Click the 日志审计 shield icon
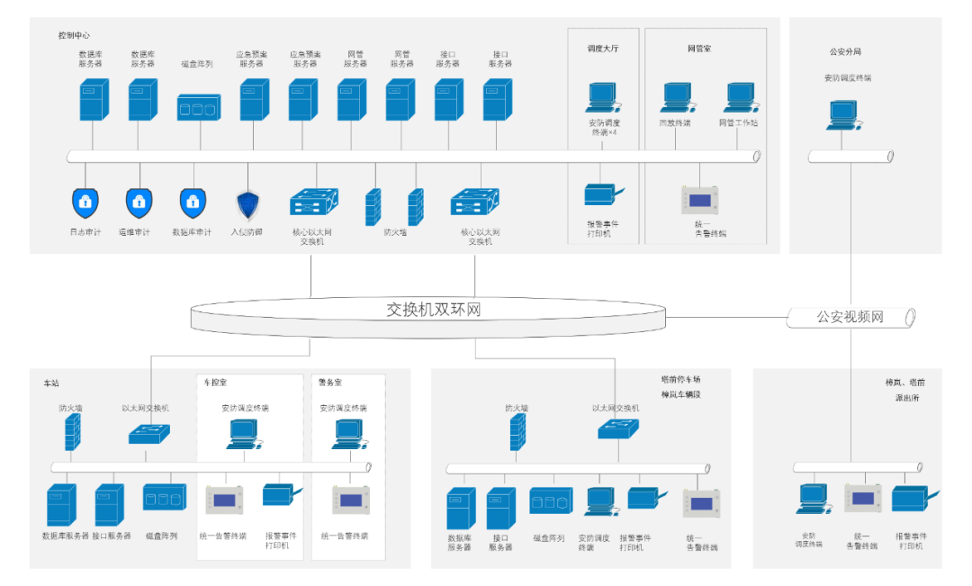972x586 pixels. [85, 203]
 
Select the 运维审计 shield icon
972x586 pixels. [139, 203]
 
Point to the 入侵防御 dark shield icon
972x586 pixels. [247, 205]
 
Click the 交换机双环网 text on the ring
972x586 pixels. [434, 310]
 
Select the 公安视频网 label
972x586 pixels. [850, 317]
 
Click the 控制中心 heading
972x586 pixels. [74, 36]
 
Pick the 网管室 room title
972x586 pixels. [699, 49]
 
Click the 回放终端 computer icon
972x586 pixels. [676, 97]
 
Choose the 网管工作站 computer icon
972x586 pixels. [739, 97]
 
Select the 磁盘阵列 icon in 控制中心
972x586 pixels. [198, 107]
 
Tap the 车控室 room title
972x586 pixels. [216, 383]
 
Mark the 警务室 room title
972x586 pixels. [330, 383]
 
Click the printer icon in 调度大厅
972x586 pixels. [602, 195]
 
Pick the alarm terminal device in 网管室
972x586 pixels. [699, 199]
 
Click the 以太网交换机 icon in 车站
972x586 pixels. [147, 435]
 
